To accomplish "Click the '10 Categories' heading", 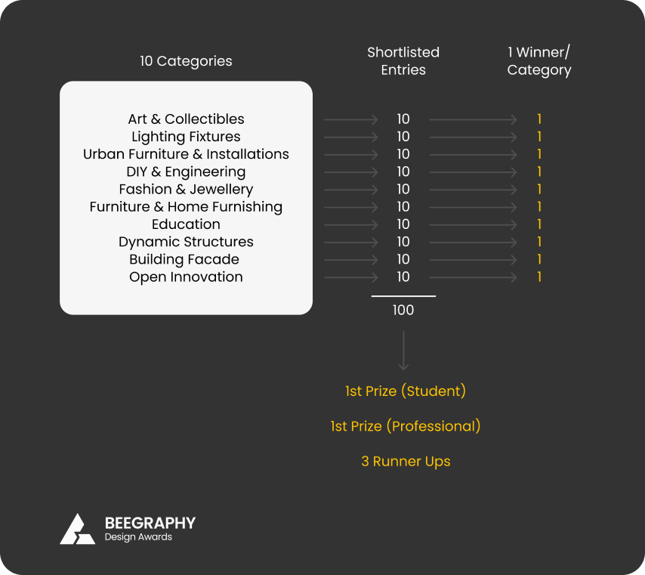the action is point(186,61).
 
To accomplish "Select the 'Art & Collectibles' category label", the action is point(186,119).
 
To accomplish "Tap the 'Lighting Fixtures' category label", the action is point(186,137).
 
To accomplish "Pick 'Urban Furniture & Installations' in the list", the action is point(186,154).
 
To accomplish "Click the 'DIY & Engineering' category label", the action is point(186,172).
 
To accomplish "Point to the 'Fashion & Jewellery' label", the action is point(186,190).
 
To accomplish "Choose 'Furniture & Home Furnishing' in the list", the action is point(186,206).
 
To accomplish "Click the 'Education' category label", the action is point(186,224).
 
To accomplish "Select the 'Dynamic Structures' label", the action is point(186,242).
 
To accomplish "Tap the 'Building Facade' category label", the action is point(184,259).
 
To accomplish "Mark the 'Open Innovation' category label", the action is point(186,277).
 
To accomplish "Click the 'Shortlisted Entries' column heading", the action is point(403,61).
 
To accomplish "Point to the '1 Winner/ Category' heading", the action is point(539,61).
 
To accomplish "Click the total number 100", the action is point(403,310).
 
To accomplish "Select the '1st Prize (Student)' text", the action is point(406,391).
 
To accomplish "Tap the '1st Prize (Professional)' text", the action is point(406,426).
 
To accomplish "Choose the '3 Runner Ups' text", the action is point(406,462).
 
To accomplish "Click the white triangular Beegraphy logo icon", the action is point(77,529).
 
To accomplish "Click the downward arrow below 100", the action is point(403,351).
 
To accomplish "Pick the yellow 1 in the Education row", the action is point(539,224).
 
